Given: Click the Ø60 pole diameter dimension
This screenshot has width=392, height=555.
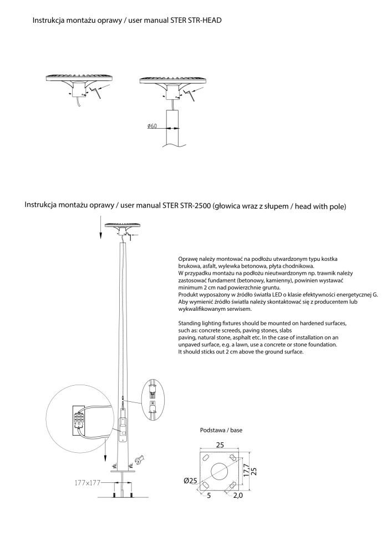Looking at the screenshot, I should [x=152, y=127].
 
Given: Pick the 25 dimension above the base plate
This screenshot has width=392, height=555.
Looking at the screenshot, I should [x=220, y=445].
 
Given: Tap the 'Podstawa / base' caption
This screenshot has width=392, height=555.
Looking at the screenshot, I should [x=221, y=430].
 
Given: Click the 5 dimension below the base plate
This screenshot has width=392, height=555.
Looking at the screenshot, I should [x=208, y=495].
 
